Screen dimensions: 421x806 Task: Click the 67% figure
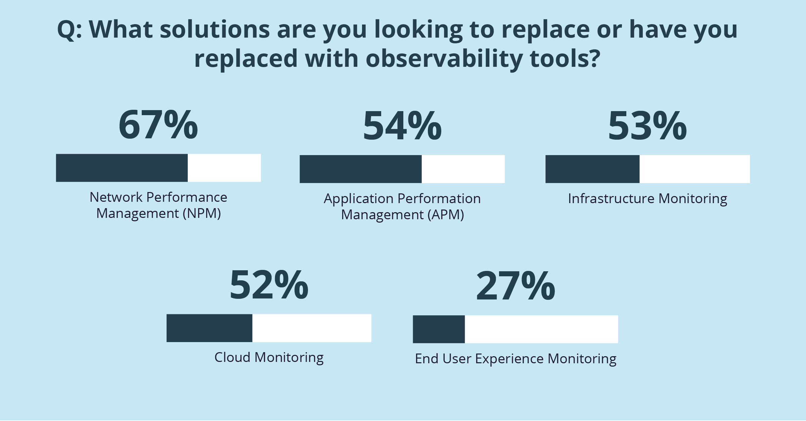[x=158, y=125]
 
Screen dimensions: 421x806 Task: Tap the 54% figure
[x=402, y=126]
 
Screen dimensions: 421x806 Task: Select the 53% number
[x=647, y=126]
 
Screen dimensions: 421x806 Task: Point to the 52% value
[x=269, y=285]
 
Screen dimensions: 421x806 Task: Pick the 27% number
[x=516, y=286]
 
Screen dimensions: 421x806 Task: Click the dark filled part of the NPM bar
[x=122, y=168]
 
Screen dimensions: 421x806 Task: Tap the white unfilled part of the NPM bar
[x=224, y=168]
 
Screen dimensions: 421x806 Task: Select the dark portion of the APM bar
[x=360, y=169]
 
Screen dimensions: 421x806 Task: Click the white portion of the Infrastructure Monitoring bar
[x=695, y=169]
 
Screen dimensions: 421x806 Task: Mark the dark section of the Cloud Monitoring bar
[x=209, y=328]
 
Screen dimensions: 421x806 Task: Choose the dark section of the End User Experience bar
[x=439, y=329]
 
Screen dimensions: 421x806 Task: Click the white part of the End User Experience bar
[x=541, y=329]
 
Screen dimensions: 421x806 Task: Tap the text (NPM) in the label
[x=201, y=214]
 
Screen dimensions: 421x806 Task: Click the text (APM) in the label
[x=446, y=215]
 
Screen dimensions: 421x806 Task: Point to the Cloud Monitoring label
[x=269, y=357]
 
